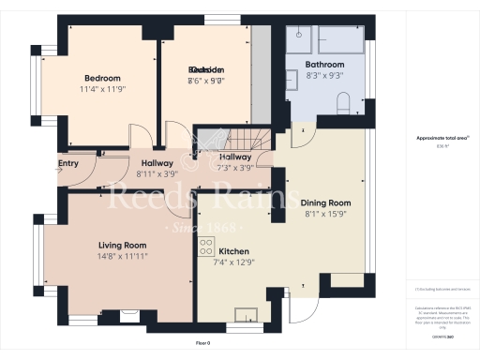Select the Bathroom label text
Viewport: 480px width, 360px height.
(x=323, y=64)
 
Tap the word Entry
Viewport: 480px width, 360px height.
(x=68, y=163)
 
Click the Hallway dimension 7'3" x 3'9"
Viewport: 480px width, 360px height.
(x=235, y=168)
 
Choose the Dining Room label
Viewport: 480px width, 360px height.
(x=324, y=202)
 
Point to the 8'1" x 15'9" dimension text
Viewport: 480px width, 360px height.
(x=325, y=214)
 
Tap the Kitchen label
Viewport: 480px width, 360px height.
(x=233, y=251)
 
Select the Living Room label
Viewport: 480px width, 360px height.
(x=124, y=245)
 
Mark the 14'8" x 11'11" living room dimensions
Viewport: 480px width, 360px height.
(x=124, y=255)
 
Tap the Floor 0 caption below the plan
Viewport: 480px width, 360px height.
(x=202, y=343)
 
